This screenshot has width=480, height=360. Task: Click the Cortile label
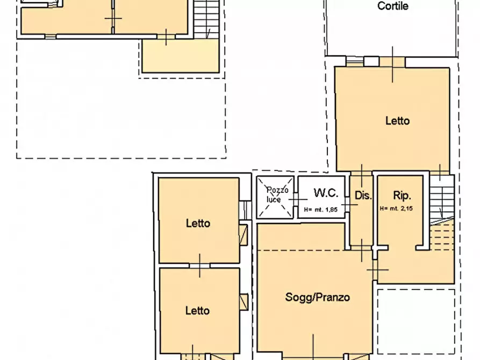(393, 6)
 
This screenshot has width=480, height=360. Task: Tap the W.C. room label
(326, 193)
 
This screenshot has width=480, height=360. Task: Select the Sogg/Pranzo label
(318, 297)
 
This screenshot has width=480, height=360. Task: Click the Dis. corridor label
(363, 195)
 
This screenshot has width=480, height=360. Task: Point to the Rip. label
(402, 195)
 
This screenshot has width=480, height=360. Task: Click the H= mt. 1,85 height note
(320, 210)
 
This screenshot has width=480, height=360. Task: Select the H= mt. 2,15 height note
(396, 208)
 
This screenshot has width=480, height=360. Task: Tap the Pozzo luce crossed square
(275, 197)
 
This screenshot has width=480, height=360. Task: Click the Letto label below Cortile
(397, 120)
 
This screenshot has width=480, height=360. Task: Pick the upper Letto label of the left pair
(198, 223)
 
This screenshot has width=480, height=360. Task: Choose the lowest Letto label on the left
(197, 311)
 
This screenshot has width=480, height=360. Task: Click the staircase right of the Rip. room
(442, 213)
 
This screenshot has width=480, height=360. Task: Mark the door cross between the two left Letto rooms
(199, 266)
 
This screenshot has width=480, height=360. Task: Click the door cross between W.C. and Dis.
(349, 205)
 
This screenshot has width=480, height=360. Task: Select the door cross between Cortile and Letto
(392, 64)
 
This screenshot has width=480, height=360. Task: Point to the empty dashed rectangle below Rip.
(416, 321)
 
